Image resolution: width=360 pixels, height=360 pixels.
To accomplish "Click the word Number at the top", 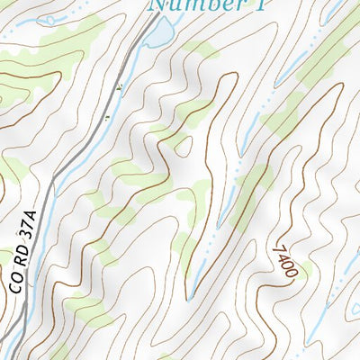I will pyautogui.click(x=187, y=5).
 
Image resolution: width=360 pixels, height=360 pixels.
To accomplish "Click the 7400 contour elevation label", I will pyautogui.click(x=283, y=262).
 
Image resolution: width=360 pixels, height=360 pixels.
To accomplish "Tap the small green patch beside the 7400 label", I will pyautogui.click(x=302, y=270).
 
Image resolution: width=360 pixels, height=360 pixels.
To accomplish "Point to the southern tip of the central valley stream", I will pyautogui.click(x=190, y=297).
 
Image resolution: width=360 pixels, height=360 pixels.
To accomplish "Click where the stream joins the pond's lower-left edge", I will pyautogui.click(x=148, y=45).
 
